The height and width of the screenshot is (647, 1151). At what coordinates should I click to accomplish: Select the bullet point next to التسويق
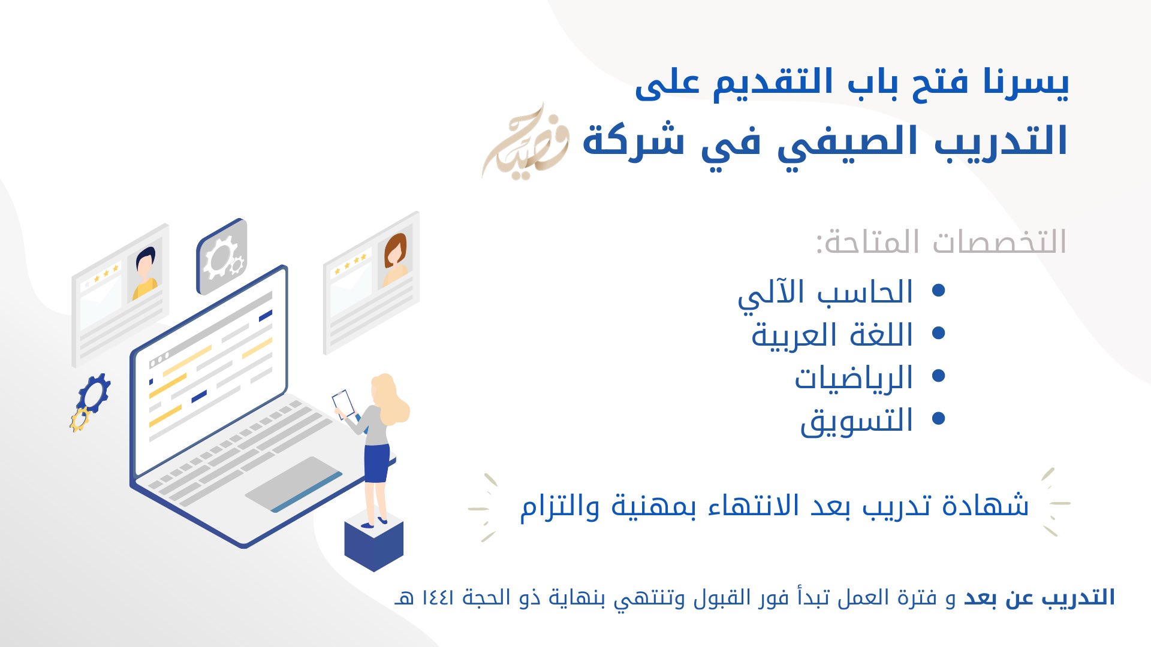(x=939, y=418)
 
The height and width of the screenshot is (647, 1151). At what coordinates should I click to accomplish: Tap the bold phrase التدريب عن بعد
(x=1039, y=598)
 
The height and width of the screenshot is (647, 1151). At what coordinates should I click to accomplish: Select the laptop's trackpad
(x=294, y=484)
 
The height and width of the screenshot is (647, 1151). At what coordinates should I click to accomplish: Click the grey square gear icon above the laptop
(x=222, y=256)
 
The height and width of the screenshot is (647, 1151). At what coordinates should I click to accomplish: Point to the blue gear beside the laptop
(x=95, y=393)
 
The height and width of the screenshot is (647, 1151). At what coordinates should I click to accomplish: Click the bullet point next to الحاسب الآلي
(x=939, y=291)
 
